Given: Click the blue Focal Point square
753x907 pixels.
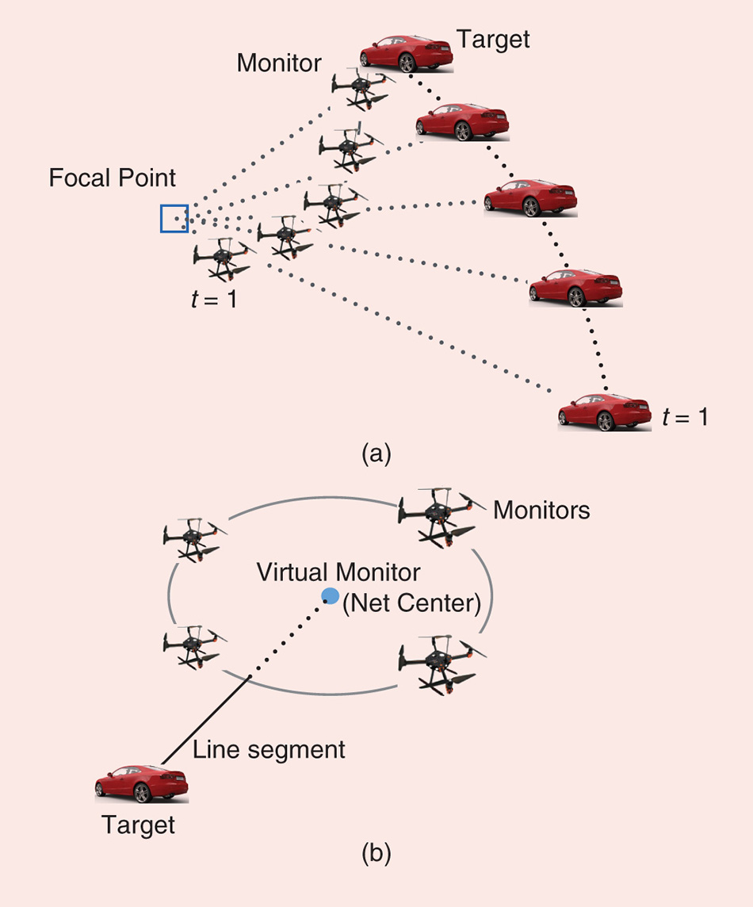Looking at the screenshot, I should point(174,219).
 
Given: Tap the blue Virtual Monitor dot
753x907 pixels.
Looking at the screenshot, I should point(331,596).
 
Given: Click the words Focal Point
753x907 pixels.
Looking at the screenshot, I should point(113,178).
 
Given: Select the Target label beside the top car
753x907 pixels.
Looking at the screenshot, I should point(493,38).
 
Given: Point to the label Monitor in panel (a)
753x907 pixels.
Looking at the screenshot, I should point(279,63).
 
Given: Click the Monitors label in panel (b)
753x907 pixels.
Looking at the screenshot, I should point(541,510).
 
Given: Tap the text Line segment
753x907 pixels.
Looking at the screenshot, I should point(269,749).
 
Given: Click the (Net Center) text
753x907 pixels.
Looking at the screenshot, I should point(411,604).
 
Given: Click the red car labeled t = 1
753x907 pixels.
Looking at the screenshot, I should point(604,412).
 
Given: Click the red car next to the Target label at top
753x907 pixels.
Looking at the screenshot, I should point(406,54).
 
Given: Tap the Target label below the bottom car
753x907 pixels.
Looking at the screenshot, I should point(138,825).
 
